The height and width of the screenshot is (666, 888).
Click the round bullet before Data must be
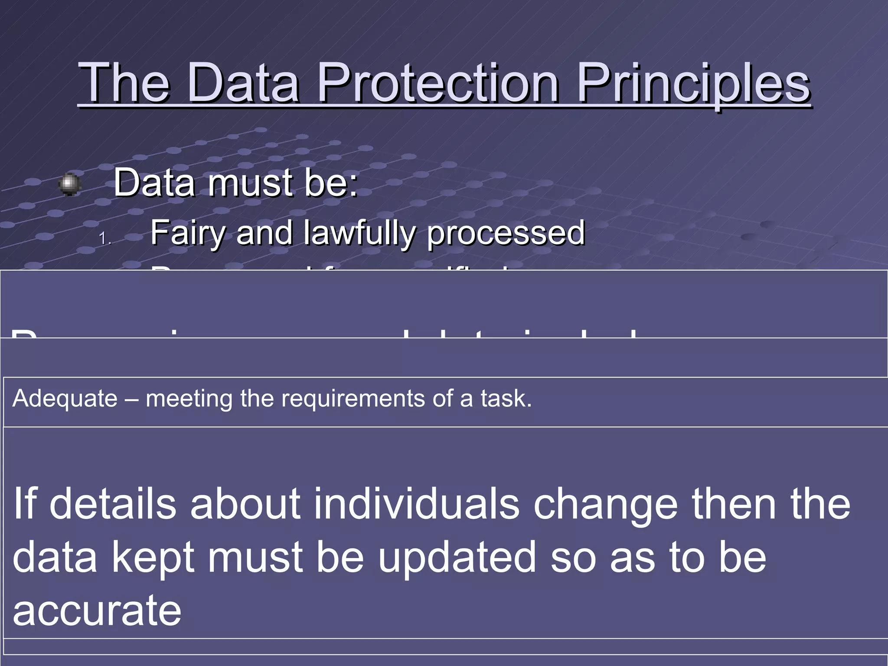(x=69, y=185)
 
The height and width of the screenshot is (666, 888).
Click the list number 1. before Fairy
(x=105, y=238)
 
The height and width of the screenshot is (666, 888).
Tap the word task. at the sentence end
(x=506, y=398)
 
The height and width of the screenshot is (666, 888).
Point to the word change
(x=605, y=503)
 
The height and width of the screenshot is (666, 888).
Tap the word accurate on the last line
(x=97, y=610)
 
